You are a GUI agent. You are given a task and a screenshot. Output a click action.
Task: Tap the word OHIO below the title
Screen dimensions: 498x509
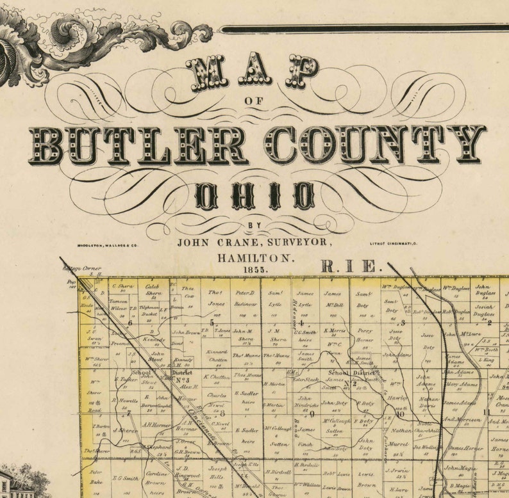coord(254,196)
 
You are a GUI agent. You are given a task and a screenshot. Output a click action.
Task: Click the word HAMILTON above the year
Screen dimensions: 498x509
coord(254,257)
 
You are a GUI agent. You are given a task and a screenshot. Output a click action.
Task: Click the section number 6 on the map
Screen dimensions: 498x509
coord(129,323)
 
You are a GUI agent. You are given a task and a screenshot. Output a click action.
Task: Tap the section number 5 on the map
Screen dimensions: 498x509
coord(212,323)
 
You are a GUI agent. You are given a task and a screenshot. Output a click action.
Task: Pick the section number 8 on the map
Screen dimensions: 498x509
coord(223,413)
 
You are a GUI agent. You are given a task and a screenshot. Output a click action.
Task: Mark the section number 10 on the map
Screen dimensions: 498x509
coord(383,414)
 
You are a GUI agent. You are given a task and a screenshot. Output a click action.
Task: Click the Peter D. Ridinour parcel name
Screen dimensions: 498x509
coord(245,297)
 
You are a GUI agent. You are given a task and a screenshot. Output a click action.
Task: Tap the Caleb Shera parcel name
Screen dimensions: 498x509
coord(153,291)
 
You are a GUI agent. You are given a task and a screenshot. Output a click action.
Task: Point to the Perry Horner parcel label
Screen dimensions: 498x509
coord(365,335)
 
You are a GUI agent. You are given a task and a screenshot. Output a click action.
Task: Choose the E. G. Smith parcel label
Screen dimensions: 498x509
coord(125,478)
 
